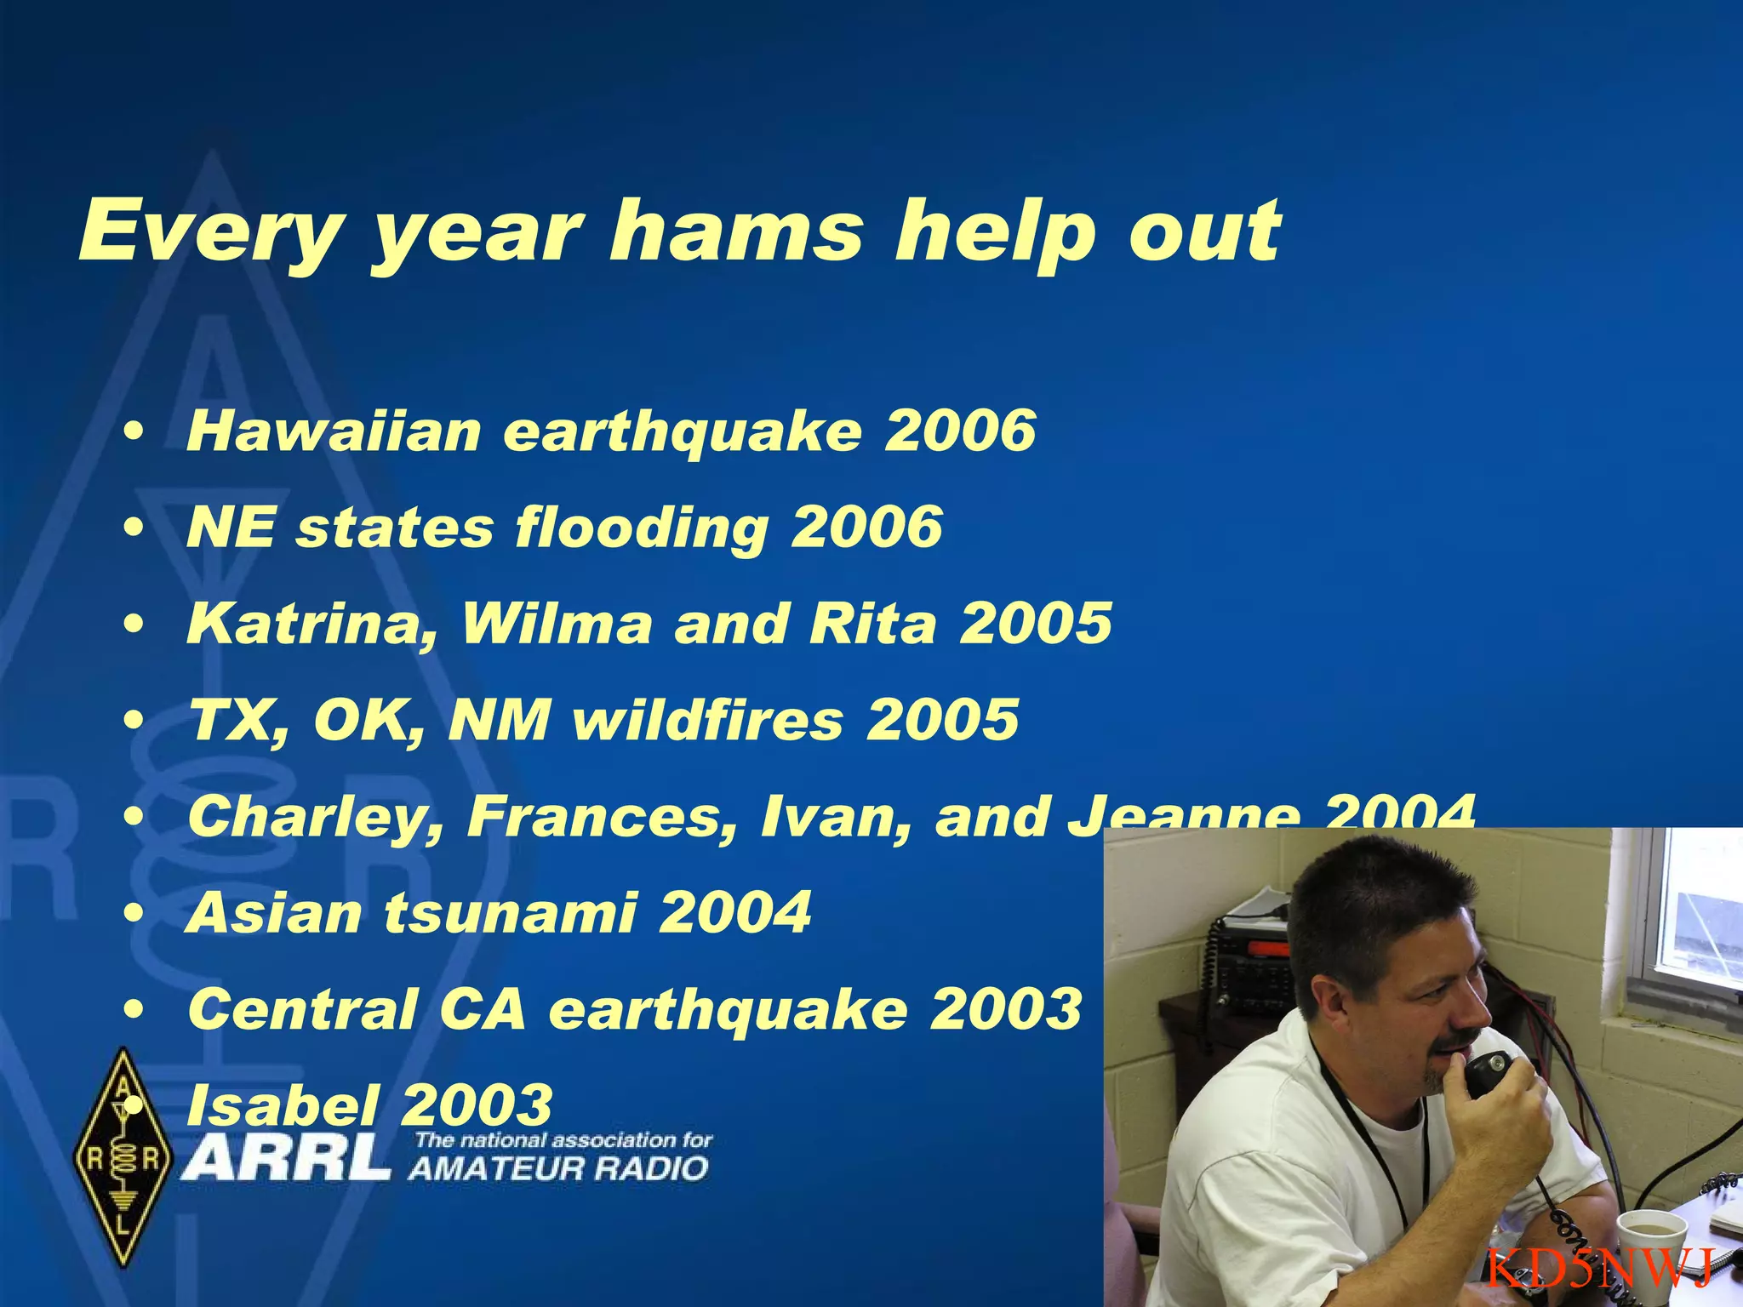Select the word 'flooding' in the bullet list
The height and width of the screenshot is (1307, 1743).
(x=643, y=528)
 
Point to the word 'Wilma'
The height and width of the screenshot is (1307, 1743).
(x=557, y=624)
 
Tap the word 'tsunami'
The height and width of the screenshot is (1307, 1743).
(x=511, y=913)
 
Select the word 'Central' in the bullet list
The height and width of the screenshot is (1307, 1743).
(x=302, y=1009)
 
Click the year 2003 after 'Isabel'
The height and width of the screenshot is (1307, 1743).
(x=477, y=1104)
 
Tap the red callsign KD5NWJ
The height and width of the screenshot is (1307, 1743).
(x=1600, y=1269)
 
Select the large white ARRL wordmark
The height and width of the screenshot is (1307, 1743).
(x=286, y=1158)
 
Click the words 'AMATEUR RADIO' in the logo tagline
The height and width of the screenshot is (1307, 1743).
(x=558, y=1168)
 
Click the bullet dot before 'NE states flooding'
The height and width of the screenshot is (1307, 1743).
(x=132, y=528)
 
